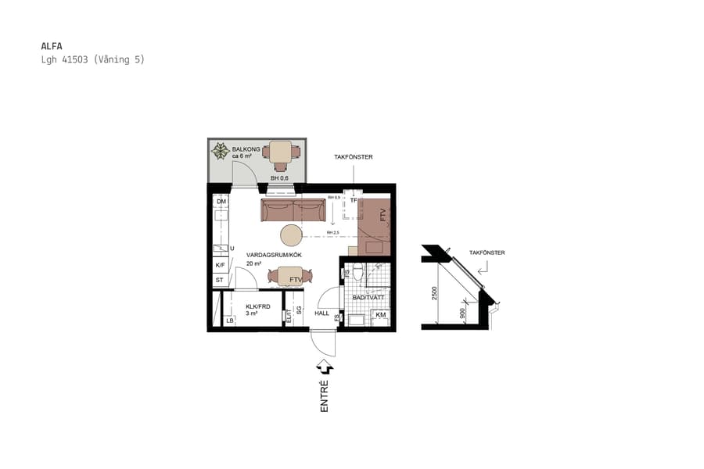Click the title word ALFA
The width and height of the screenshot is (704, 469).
51,46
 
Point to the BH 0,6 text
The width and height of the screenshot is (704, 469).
279,178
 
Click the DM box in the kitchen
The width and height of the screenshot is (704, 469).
221,201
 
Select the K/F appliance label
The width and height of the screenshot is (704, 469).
221,265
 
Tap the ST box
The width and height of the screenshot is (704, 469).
220,279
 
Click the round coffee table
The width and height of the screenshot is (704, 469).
292,234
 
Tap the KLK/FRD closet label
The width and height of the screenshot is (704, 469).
257,306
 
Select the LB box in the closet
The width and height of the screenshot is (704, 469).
230,320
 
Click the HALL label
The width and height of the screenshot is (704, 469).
322,313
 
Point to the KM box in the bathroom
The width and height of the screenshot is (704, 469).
380,315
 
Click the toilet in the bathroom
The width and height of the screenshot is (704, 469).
357,273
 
